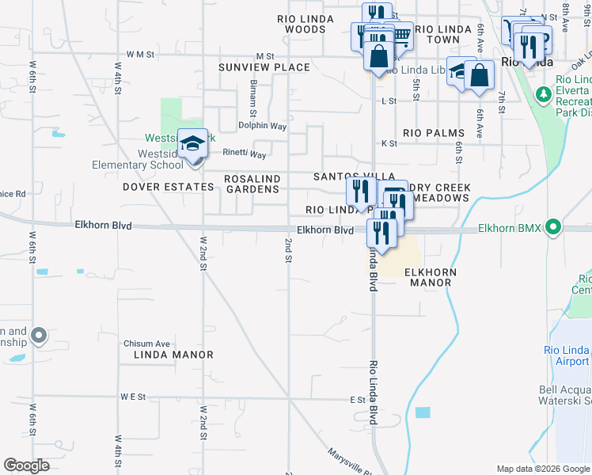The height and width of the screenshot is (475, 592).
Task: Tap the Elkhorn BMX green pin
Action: pyautogui.click(x=553, y=228)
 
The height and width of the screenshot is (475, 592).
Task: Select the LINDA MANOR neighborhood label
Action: pyautogui.click(x=167, y=355)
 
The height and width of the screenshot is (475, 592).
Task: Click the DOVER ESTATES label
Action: pyautogui.click(x=169, y=188)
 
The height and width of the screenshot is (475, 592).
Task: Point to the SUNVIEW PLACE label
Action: pyautogui.click(x=264, y=67)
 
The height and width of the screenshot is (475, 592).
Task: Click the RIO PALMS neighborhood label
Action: pyautogui.click(x=432, y=133)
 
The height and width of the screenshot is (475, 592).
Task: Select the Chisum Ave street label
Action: pyautogui.click(x=146, y=344)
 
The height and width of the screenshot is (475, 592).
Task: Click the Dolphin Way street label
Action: pyautogui.click(x=263, y=126)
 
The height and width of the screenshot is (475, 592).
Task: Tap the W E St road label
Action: pyautogui.click(x=134, y=396)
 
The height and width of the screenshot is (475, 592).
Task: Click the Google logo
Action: pyautogui.click(x=26, y=465)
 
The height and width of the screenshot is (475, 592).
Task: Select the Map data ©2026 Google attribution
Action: pyautogui.click(x=542, y=469)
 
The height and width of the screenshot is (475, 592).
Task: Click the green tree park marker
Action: pyautogui.click(x=543, y=95)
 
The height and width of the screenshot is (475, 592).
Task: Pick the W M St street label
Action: pyautogui.click(x=133, y=55)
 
